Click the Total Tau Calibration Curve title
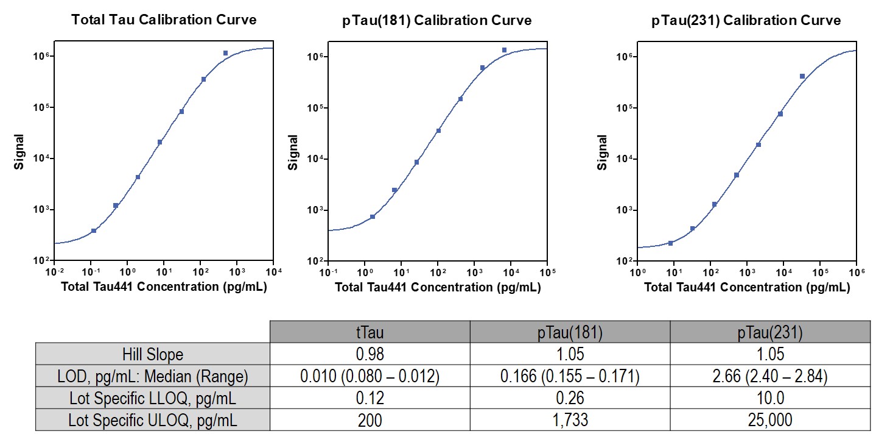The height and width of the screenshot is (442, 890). point(164,20)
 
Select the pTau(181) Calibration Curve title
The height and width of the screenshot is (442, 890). point(437,20)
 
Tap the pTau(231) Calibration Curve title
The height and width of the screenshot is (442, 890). point(746,20)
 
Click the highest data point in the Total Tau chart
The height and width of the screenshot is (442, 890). point(225,53)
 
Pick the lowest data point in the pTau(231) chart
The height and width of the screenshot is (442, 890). point(670,243)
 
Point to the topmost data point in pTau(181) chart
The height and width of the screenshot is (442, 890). point(504,50)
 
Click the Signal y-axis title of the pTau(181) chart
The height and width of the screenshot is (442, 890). point(293,152)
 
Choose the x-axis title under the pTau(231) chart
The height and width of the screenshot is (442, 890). point(747,287)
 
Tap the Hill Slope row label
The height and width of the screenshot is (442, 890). point(152,354)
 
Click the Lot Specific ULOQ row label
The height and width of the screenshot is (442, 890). point(152,420)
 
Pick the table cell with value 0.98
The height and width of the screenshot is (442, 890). point(370,354)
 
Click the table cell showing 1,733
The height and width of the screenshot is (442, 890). point(570,420)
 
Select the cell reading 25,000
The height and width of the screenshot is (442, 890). point(769,420)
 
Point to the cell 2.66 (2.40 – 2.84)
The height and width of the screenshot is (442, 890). point(769,377)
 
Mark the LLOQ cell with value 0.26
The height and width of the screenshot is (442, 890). point(570,399)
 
